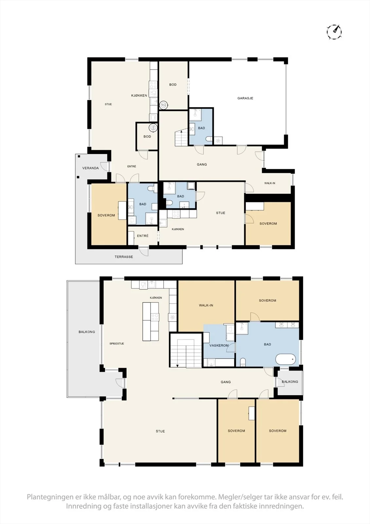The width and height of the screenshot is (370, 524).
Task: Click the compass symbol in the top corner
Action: click(x=334, y=31)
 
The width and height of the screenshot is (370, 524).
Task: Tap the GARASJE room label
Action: click(x=245, y=98)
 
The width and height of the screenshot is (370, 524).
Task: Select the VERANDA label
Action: click(x=90, y=168)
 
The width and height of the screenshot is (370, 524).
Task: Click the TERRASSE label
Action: click(x=124, y=257)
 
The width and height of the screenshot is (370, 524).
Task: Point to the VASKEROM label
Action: click(x=219, y=346)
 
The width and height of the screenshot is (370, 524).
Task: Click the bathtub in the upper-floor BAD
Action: click(x=285, y=359)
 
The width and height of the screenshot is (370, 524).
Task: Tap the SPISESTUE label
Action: click(x=117, y=344)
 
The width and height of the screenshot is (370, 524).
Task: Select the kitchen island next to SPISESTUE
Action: click(x=151, y=322)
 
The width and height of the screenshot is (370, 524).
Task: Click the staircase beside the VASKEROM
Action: click(x=186, y=350)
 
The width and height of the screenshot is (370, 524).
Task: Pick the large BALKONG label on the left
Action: click(x=87, y=332)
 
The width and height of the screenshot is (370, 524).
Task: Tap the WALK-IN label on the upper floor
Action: click(x=206, y=305)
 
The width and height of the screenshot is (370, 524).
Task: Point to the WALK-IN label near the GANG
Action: click(x=270, y=183)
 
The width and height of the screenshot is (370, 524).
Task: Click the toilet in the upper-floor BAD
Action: click(x=243, y=362)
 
